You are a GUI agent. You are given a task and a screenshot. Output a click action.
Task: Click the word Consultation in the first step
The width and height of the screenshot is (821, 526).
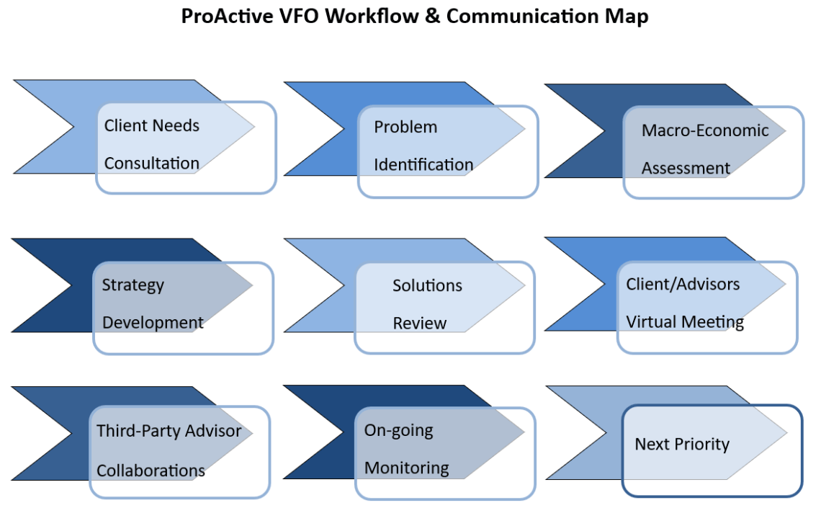pyautogui.click(x=151, y=164)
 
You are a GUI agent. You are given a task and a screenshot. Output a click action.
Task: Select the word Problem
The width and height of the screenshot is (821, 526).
pyautogui.click(x=405, y=127)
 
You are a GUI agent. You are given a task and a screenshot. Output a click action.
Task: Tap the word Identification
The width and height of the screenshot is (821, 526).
pyautogui.click(x=423, y=165)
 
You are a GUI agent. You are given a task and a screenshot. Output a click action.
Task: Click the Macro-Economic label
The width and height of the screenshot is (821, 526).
pyautogui.click(x=705, y=130)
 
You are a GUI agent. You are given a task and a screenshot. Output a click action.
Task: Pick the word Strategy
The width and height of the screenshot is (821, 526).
pyautogui.click(x=133, y=285)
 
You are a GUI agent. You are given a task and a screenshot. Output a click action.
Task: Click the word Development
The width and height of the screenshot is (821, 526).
pyautogui.click(x=153, y=323)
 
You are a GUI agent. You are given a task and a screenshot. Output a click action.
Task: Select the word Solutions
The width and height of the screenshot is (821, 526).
pyautogui.click(x=427, y=285)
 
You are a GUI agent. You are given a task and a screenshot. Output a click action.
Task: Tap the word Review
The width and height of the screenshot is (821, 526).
pyautogui.click(x=419, y=324)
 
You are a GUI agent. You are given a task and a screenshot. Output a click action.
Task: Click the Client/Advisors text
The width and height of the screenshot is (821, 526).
pyautogui.click(x=683, y=284)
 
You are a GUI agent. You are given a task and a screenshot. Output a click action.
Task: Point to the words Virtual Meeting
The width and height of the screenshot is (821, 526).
pyautogui.click(x=685, y=322)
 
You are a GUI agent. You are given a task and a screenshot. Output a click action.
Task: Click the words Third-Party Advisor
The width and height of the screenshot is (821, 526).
pyautogui.click(x=169, y=431)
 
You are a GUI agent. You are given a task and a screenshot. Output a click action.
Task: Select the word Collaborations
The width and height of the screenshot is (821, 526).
pyautogui.click(x=151, y=471)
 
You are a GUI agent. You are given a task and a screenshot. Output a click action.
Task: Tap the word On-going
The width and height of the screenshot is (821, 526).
pyautogui.click(x=398, y=430)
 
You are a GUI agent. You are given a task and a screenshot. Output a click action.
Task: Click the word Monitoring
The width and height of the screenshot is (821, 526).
pyautogui.click(x=406, y=468)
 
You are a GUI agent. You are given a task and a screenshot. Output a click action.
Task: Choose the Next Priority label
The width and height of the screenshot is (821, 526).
pyautogui.click(x=681, y=444)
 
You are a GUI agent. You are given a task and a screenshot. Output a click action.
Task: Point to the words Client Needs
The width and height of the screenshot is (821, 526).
pyautogui.click(x=151, y=125)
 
